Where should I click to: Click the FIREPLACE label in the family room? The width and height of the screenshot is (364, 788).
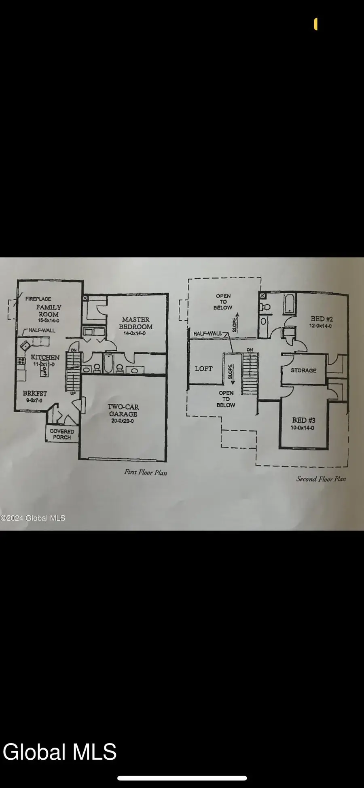click(x=38, y=299)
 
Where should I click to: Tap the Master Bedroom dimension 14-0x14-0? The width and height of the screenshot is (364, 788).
click(x=135, y=334)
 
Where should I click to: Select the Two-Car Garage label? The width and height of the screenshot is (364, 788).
click(x=123, y=410)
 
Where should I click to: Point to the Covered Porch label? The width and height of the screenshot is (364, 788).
click(x=62, y=434)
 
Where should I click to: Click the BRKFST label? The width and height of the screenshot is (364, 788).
click(x=35, y=393)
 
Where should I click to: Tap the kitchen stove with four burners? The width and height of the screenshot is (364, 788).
click(x=21, y=360)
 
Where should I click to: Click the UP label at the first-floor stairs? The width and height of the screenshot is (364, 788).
click(x=73, y=393)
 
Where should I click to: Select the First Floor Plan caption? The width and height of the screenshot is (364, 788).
click(x=146, y=472)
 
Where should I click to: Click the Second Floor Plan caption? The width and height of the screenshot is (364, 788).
click(x=321, y=479)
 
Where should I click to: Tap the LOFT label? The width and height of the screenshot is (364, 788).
click(x=203, y=369)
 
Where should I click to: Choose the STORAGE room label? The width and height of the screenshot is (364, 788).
click(x=303, y=370)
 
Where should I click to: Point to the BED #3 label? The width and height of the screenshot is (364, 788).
click(x=303, y=421)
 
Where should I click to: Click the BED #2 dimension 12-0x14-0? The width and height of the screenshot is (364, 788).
click(x=321, y=326)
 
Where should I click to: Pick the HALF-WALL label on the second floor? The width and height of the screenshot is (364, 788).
click(x=207, y=334)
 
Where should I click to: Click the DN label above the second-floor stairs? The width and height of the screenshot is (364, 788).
click(x=250, y=350)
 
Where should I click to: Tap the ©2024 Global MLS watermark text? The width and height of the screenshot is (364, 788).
click(x=33, y=518)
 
